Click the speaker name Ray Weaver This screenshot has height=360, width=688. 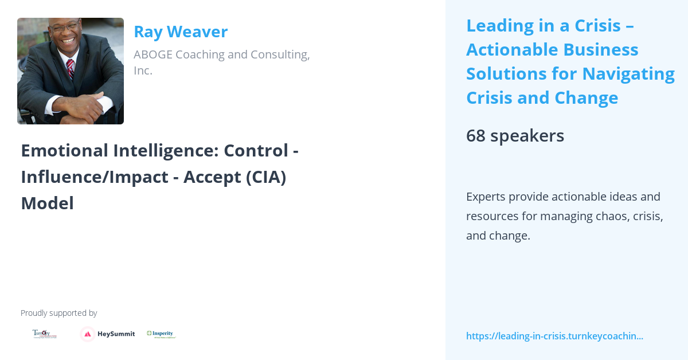181,32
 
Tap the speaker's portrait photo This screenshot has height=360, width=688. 71,71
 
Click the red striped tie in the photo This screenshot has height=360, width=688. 70,68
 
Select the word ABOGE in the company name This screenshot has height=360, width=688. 153,54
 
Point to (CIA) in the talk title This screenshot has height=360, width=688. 265,177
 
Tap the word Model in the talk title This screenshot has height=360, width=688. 47,203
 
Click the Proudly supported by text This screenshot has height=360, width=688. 58,313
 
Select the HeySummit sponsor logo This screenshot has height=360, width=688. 108,334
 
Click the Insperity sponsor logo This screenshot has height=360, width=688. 161,334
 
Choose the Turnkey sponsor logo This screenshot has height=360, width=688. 42,334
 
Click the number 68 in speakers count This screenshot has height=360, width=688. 475,136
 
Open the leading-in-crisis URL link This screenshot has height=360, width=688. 554,336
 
